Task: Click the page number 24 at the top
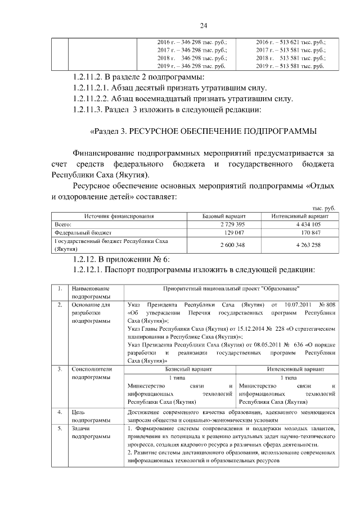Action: click(x=204, y=25)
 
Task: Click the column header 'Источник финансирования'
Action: click(x=119, y=216)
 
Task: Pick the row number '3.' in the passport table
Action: click(x=60, y=369)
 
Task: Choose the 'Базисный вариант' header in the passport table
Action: click(x=179, y=369)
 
